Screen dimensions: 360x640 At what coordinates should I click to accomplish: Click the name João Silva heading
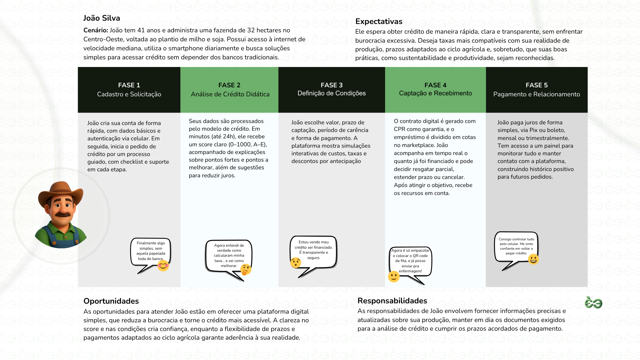click(x=102, y=18)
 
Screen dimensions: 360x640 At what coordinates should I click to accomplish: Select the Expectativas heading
click(x=379, y=22)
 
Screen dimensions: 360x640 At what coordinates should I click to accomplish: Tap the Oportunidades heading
click(x=111, y=301)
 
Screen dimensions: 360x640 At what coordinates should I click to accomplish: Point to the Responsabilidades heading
click(x=392, y=301)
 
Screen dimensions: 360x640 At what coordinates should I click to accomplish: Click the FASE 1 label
click(x=129, y=85)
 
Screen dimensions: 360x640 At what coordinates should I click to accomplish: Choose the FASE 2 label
click(x=229, y=85)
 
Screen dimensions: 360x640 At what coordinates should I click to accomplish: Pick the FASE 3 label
click(x=332, y=85)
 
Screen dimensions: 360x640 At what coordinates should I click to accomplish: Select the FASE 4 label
click(x=435, y=85)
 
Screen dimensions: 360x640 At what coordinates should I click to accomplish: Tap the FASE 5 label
click(x=537, y=85)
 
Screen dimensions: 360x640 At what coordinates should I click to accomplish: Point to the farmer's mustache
click(x=63, y=214)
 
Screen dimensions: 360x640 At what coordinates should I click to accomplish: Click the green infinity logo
click(x=593, y=303)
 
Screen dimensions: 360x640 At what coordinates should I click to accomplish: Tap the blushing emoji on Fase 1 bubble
click(x=163, y=266)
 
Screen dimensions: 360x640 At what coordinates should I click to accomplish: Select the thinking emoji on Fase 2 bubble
click(x=246, y=269)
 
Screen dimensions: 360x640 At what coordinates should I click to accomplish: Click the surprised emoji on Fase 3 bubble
click(x=296, y=263)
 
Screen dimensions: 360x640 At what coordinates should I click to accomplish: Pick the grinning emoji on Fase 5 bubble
click(x=533, y=259)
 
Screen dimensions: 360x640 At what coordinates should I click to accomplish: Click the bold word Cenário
click(x=96, y=31)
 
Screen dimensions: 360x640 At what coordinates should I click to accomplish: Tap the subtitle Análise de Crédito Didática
click(x=230, y=94)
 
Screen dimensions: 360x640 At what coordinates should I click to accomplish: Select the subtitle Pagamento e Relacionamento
click(x=537, y=94)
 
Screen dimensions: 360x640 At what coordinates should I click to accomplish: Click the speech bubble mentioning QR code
click(x=410, y=261)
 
